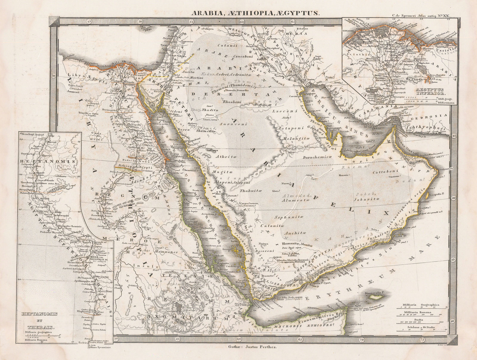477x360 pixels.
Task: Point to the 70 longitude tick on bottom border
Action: coord(362,339)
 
